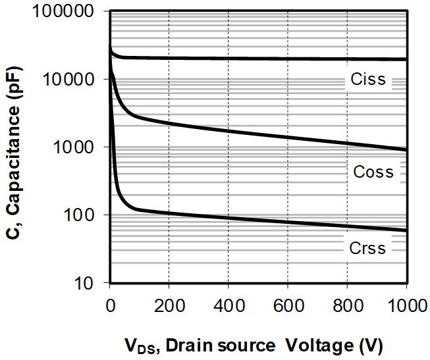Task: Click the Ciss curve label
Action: click(369, 81)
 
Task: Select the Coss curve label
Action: click(373, 172)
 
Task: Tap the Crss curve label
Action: click(368, 248)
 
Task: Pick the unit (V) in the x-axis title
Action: click(370, 345)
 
